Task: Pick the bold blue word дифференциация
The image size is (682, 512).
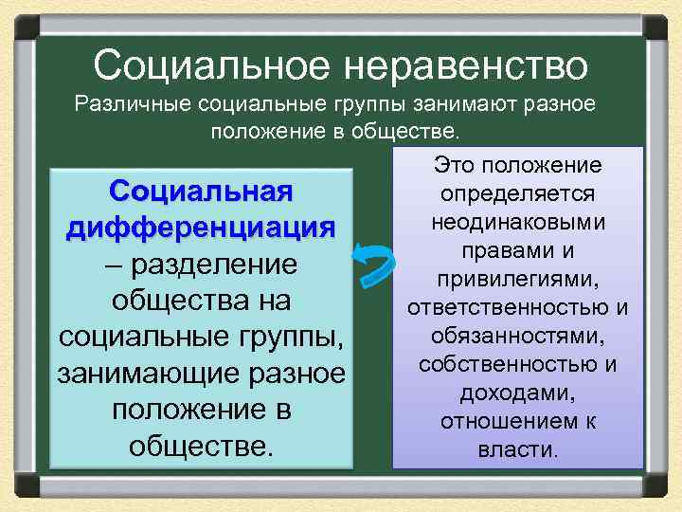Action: pyautogui.click(x=201, y=228)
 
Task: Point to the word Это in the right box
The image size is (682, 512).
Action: pyautogui.click(x=455, y=166)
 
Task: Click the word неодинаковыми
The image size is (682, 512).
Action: pyautogui.click(x=517, y=221)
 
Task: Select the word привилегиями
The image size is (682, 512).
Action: pyautogui.click(x=517, y=280)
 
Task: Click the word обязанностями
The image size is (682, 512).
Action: pyautogui.click(x=517, y=337)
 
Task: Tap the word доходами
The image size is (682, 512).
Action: pyautogui.click(x=517, y=393)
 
